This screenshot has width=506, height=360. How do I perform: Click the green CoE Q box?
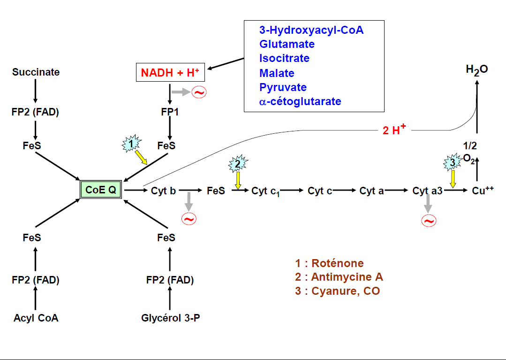(x=101, y=190)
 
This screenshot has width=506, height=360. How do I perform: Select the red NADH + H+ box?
(x=170, y=73)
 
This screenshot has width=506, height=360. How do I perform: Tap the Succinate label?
(x=36, y=72)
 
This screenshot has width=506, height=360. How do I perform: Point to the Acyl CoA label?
(x=36, y=318)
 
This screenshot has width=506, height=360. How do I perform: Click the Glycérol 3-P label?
(x=171, y=318)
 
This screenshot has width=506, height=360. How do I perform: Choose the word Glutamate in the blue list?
(x=287, y=44)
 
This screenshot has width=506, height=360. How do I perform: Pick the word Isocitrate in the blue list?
(x=284, y=58)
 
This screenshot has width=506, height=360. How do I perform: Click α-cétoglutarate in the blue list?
(x=300, y=101)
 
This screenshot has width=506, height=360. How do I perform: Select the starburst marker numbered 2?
(x=237, y=164)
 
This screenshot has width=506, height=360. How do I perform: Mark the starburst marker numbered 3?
(x=452, y=163)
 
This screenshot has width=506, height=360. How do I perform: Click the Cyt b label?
(x=163, y=191)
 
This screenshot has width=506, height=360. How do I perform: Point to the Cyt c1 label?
(x=265, y=191)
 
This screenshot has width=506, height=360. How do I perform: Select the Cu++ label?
(x=483, y=191)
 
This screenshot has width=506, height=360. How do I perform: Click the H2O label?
(x=476, y=70)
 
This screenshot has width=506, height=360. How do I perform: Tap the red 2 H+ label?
(x=394, y=130)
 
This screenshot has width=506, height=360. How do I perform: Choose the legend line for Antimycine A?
(x=339, y=277)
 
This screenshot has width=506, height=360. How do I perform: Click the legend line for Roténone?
(x=329, y=263)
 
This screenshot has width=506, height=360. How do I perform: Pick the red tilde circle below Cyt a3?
(x=429, y=221)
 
